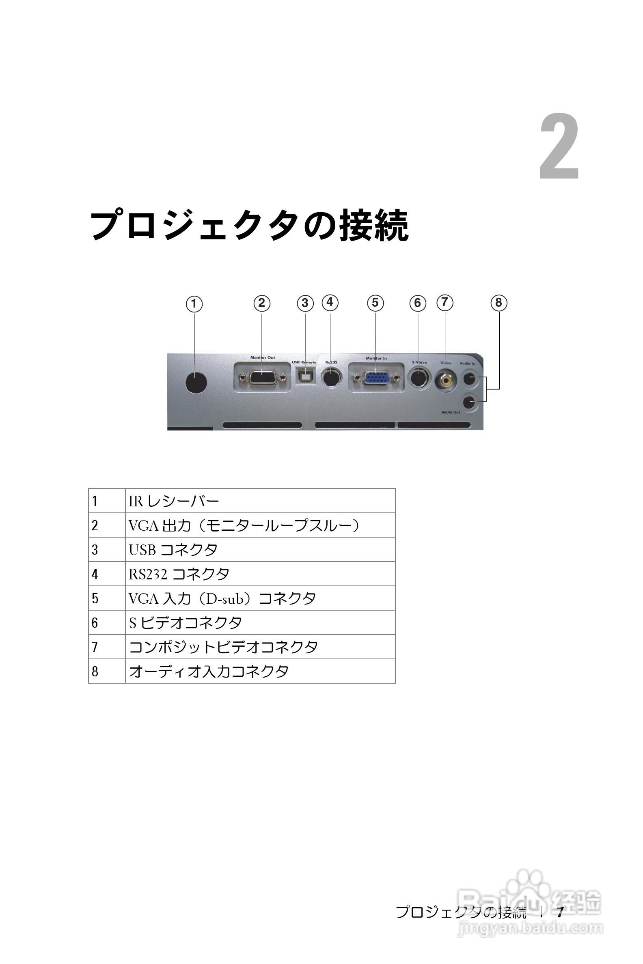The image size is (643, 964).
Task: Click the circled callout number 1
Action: coord(194,304)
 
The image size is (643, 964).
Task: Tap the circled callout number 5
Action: coord(375,303)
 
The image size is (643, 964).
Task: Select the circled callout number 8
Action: coord(498,303)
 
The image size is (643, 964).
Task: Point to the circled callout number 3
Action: coord(305,303)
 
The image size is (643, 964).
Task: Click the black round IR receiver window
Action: coord(196,383)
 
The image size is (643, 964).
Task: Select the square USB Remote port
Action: coord(306,376)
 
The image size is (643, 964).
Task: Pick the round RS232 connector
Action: coord(331,377)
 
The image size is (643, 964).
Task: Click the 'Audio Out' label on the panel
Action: coord(450,412)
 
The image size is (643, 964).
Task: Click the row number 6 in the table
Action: coord(95,622)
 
